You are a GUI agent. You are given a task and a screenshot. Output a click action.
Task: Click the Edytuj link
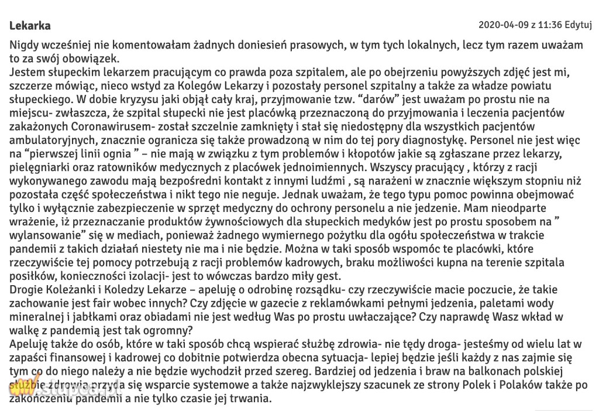[x=580, y=25]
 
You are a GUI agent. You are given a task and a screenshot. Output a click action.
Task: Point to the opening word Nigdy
[x=23, y=45]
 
